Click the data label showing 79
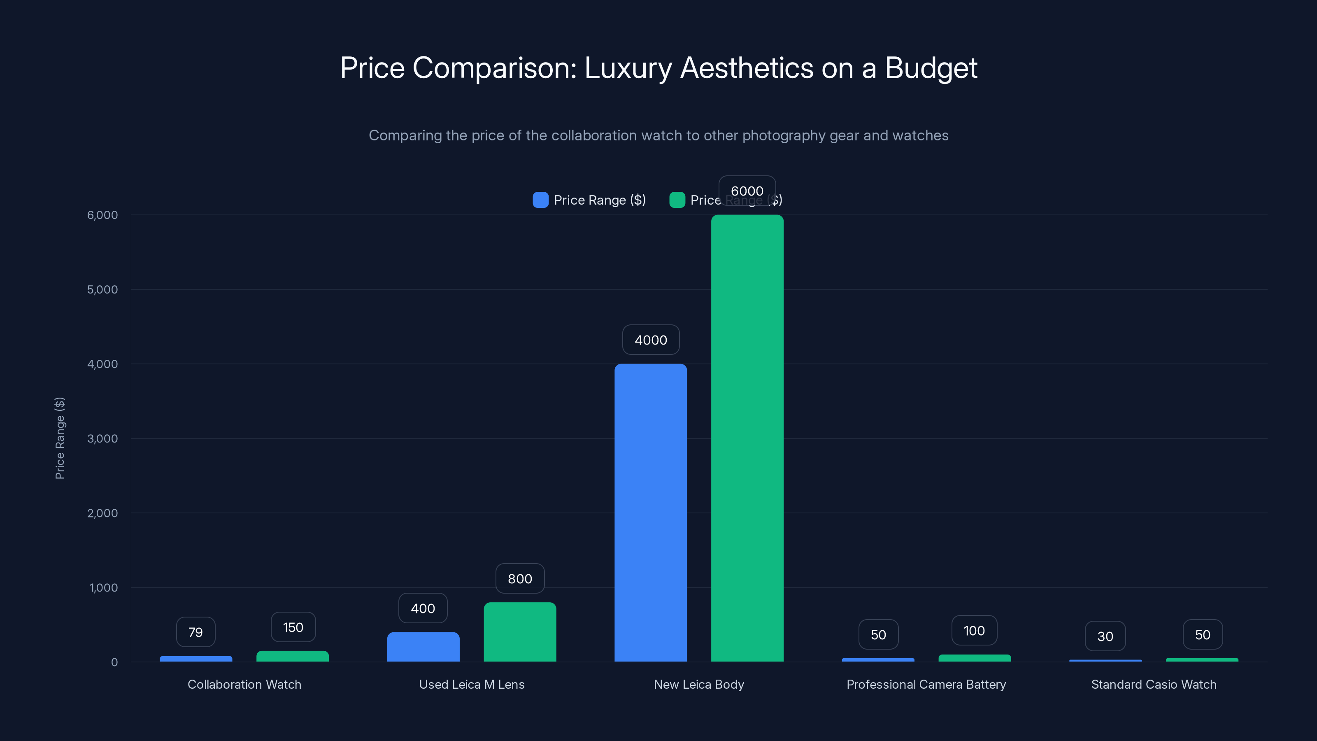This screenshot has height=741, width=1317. (x=195, y=632)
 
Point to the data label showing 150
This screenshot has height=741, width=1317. (x=293, y=627)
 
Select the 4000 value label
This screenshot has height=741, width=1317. (x=650, y=340)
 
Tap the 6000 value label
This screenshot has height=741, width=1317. (x=747, y=191)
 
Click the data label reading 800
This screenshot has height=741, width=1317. (x=520, y=578)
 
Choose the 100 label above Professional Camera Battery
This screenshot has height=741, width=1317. (x=974, y=631)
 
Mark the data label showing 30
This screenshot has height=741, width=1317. (x=1105, y=636)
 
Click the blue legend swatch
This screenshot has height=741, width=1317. (x=540, y=200)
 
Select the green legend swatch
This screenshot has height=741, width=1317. (x=677, y=200)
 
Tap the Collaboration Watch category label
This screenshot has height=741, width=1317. (x=244, y=684)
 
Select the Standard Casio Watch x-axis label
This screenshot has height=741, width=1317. (x=1153, y=684)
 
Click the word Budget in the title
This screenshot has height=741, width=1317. (x=931, y=68)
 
